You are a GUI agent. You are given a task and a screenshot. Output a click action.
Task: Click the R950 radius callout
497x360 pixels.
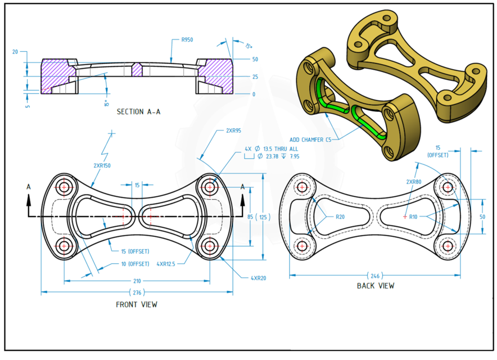[x=187, y=40]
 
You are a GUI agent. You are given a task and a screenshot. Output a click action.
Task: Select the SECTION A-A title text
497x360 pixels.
[x=138, y=111]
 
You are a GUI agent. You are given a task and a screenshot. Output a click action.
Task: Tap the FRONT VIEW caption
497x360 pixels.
[x=137, y=304]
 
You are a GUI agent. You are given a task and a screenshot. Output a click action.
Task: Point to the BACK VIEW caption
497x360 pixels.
[x=376, y=286]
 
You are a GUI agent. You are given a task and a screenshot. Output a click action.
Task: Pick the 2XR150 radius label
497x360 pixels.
[x=102, y=166]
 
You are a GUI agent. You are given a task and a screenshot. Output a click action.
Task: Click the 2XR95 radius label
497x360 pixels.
[x=233, y=130]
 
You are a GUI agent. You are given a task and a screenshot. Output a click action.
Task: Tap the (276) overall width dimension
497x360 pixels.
[x=137, y=292]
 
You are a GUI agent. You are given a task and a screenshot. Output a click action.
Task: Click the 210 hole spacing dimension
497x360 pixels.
[x=137, y=281]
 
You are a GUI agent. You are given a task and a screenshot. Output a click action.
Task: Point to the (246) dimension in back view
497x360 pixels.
[x=375, y=276]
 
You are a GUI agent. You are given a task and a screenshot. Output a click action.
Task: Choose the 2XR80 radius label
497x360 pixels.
[x=414, y=182]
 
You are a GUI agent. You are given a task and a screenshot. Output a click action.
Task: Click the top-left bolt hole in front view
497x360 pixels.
[x=65, y=187]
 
